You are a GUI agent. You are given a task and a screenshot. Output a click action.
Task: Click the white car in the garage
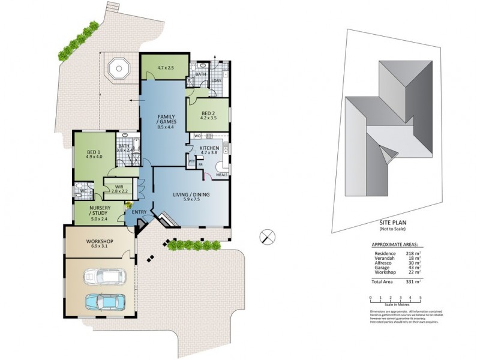tap(103, 277)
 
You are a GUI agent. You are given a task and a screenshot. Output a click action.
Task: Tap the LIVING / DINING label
tap(191, 195)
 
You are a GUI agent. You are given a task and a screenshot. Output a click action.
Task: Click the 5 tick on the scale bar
tap(421, 298)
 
